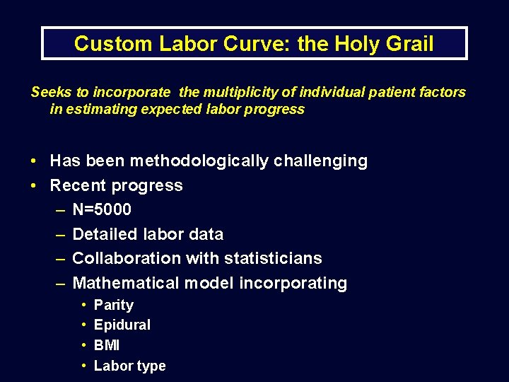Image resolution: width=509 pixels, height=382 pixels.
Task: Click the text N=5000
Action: (x=102, y=210)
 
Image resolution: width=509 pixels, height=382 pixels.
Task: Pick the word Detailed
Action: (x=103, y=234)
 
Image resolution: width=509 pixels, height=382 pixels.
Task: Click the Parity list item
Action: (x=114, y=305)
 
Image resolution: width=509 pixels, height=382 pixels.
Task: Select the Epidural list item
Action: (x=122, y=325)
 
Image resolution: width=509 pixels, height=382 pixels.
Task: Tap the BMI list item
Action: (x=107, y=345)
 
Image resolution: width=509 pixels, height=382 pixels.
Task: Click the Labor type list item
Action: (x=130, y=366)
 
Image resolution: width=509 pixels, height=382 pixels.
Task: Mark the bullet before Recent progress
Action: (x=35, y=185)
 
